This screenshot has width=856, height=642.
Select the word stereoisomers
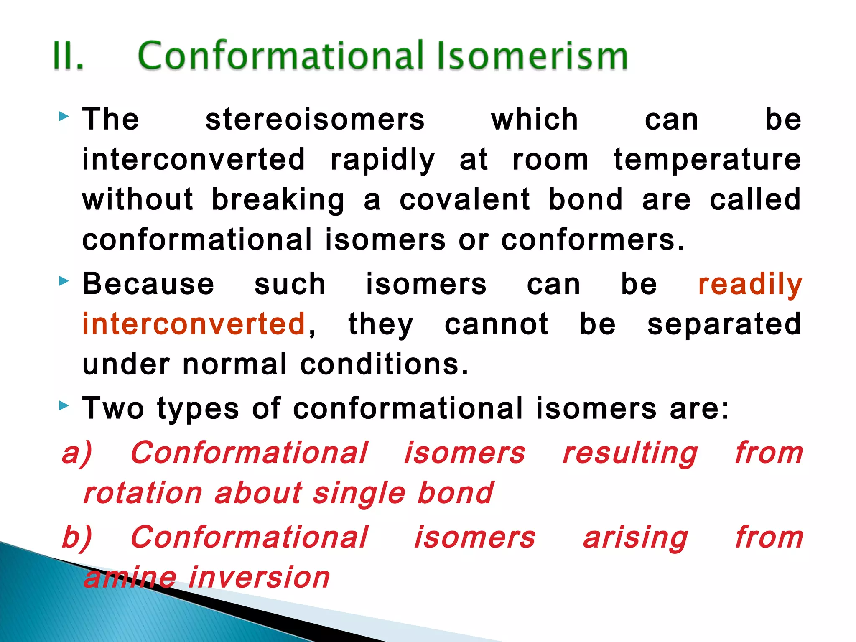pyautogui.click(x=315, y=120)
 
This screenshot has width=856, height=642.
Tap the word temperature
pyautogui.click(x=707, y=160)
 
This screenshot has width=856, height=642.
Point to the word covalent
pyautogui.click(x=465, y=199)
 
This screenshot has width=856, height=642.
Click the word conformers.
pyautogui.click(x=593, y=240)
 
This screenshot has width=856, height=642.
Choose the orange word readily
pyautogui.click(x=750, y=285)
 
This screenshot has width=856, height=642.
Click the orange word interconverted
pyautogui.click(x=194, y=324)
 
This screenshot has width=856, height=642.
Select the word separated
pyautogui.click(x=724, y=324)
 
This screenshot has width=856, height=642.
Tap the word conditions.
pyautogui.click(x=384, y=364)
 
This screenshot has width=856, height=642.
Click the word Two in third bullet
pyautogui.click(x=113, y=408)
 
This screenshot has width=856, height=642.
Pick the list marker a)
pyautogui.click(x=77, y=453)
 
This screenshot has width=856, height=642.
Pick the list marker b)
pyautogui.click(x=77, y=538)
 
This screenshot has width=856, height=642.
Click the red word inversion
pyautogui.click(x=259, y=578)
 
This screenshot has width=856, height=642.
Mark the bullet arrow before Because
pyautogui.click(x=64, y=281)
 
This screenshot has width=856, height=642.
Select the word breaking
pyautogui.click(x=278, y=200)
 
